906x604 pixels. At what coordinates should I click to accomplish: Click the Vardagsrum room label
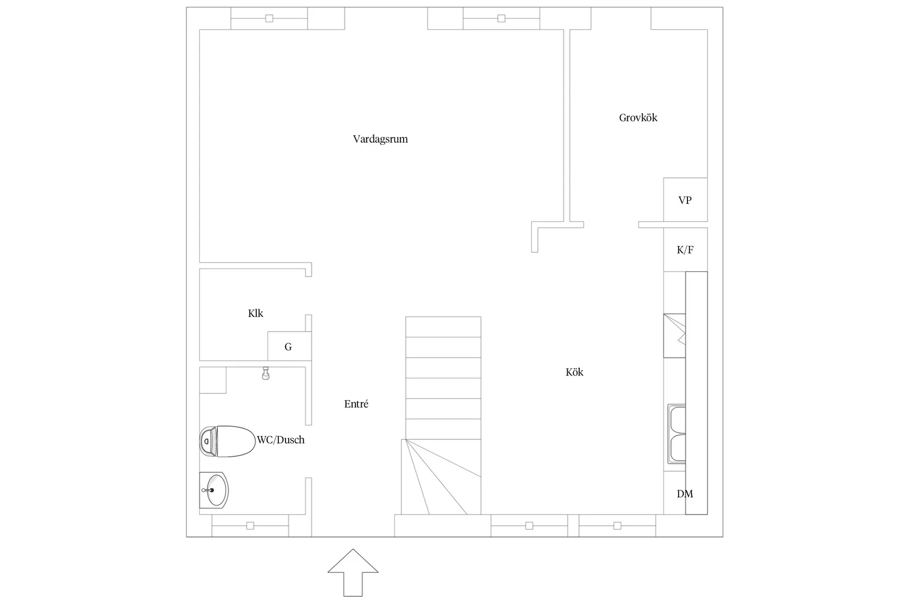[380, 139]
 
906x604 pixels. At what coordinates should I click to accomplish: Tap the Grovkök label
[638, 118]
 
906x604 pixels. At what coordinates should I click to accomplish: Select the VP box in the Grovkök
[685, 200]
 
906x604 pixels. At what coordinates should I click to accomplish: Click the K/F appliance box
[685, 250]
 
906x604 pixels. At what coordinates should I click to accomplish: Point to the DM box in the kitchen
[685, 494]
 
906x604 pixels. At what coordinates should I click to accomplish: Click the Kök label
[574, 372]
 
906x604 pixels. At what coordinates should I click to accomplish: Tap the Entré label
[356, 404]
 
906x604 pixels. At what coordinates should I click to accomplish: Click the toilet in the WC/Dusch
[227, 441]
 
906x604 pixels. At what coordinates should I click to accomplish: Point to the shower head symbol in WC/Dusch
[266, 373]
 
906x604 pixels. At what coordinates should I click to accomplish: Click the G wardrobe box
[289, 346]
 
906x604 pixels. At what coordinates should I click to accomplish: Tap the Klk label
[255, 314]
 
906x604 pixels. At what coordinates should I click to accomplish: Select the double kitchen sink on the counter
[676, 434]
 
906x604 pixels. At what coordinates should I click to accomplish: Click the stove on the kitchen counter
[674, 335]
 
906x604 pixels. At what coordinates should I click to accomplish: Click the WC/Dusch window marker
[250, 525]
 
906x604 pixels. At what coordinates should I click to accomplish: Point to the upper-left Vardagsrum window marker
[269, 18]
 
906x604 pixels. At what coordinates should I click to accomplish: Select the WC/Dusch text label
[281, 440]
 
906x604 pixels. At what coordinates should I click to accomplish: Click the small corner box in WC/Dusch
[212, 380]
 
